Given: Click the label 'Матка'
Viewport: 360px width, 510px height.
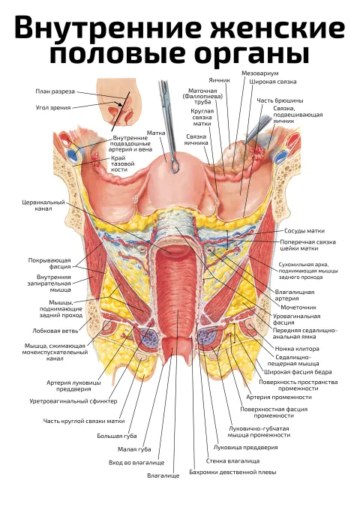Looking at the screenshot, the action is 156,133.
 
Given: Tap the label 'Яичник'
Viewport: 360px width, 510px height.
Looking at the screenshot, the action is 219,80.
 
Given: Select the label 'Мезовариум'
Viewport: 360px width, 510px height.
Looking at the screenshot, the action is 259,73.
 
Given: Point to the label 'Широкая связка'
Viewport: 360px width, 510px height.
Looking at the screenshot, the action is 273,82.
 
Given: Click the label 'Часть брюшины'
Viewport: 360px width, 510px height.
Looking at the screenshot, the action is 280,100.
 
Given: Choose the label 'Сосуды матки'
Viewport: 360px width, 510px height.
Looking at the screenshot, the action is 304,231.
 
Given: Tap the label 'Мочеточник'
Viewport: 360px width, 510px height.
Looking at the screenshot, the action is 298,307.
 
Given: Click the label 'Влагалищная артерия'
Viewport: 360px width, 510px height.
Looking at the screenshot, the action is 295,295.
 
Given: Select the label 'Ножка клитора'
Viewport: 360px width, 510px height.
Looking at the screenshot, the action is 297,349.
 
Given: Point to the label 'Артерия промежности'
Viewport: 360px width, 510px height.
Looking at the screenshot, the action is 279,397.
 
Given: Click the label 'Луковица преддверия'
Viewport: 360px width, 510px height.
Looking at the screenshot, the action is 245,447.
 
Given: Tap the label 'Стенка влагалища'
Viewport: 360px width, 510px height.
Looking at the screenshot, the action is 232,461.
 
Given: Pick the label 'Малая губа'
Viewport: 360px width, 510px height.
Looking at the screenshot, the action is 134,449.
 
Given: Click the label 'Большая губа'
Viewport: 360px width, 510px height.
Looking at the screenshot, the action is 117,436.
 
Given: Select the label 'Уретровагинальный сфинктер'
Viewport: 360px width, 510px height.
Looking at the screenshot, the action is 73,401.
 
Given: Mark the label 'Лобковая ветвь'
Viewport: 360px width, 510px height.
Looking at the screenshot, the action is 55,331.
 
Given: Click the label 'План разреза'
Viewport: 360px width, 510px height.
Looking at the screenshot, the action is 55,91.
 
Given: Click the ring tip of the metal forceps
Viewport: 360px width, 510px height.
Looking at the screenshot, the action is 175,166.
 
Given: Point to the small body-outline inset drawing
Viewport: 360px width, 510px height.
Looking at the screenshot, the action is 119,103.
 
